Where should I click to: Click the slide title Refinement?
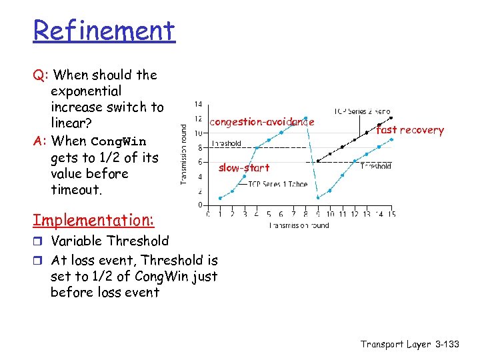point(104,31)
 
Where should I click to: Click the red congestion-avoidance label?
point(261,122)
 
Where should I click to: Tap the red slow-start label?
point(244,168)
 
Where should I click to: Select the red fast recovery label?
point(409,130)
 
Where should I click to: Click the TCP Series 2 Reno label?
point(362,111)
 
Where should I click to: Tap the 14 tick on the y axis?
point(199,104)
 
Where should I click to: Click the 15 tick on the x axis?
point(391,214)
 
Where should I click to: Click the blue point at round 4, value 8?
point(257,147)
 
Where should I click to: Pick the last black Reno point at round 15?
point(391,117)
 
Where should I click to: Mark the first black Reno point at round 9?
point(318,161)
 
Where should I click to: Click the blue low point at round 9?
point(318,198)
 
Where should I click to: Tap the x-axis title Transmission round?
point(299,225)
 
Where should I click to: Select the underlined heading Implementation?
point(93,220)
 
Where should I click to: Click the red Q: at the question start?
point(39,75)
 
